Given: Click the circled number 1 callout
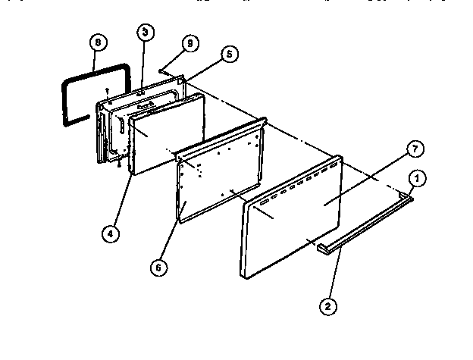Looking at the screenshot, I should click(x=416, y=179).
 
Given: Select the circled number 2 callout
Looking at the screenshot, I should click(x=327, y=306).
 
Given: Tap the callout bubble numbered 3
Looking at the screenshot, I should click(x=144, y=33).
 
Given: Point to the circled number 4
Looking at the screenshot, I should click(x=111, y=233).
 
